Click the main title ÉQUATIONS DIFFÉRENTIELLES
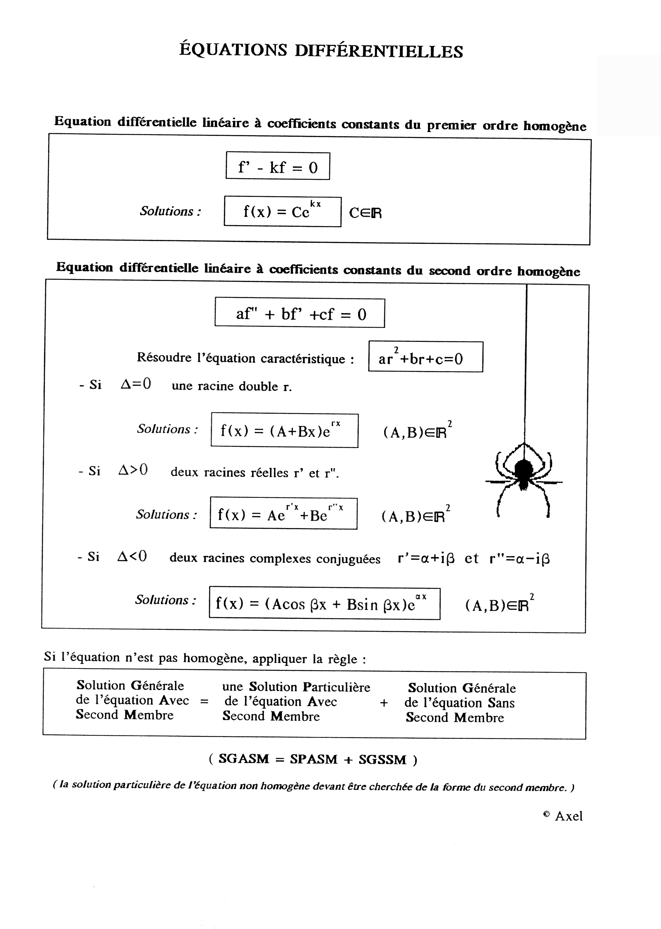pyautogui.click(x=321, y=51)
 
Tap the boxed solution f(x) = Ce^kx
pyautogui.click(x=282, y=212)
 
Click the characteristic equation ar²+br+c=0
pyautogui.click(x=425, y=357)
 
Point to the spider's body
pyautogui.click(x=523, y=472)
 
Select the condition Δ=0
pyautogui.click(x=136, y=384)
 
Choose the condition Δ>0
pyautogui.click(x=133, y=470)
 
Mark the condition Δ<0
pyautogui.click(x=132, y=556)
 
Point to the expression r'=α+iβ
pyautogui.click(x=426, y=558)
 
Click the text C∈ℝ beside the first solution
pyautogui.click(x=365, y=213)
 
